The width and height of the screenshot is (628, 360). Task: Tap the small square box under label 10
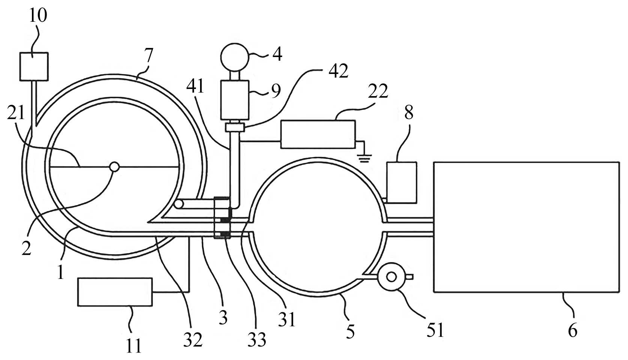[34, 66]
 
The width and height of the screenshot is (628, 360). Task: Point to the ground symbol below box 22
[363, 158]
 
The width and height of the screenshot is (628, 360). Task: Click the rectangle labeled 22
[318, 134]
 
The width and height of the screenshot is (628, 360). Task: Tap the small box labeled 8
[401, 182]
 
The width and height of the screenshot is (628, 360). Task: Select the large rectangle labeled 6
[526, 227]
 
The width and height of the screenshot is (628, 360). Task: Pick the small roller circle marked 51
[392, 277]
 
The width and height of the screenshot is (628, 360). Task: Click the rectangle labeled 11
[115, 292]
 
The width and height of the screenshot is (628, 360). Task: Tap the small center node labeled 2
[114, 166]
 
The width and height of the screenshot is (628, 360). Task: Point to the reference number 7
[149, 56]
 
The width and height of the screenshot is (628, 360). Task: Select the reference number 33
[257, 339]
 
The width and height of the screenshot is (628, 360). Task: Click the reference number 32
[193, 339]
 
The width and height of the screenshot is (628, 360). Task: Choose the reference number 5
[350, 331]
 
